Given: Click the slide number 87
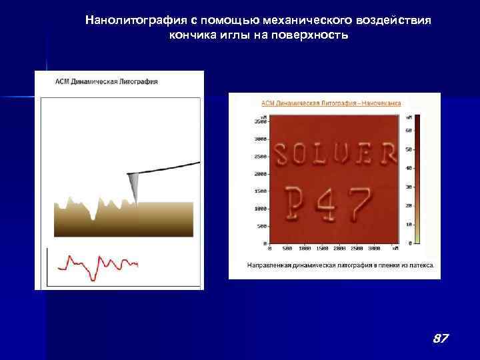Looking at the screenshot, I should point(440,339).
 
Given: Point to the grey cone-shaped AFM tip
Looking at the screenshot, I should point(134,186).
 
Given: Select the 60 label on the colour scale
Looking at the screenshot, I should point(408,131).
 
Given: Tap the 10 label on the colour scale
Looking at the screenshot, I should point(408,224).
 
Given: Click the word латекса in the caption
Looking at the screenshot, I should point(419,265).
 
